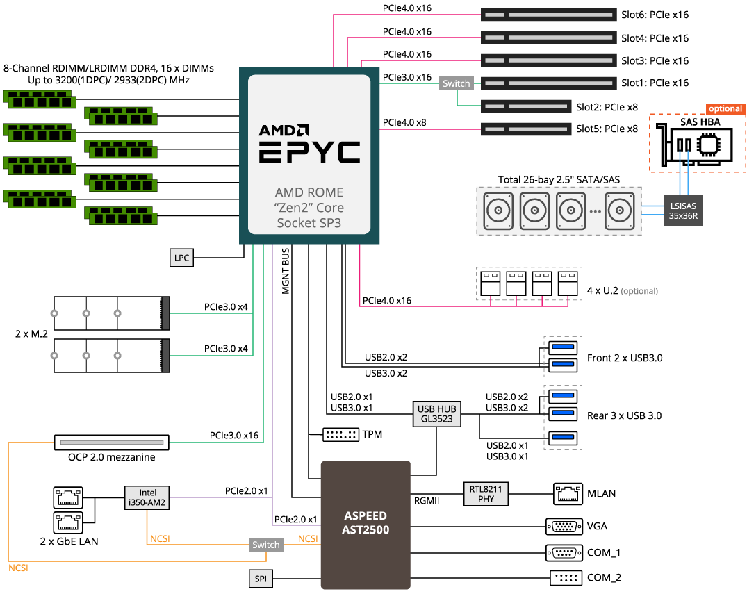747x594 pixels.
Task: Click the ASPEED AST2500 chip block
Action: (366, 525)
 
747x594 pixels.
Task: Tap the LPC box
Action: (181, 257)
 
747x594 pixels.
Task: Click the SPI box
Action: (260, 578)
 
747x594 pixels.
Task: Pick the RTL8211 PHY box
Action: (486, 494)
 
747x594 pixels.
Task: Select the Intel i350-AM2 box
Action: (147, 497)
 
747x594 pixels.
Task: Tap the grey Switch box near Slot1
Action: (456, 83)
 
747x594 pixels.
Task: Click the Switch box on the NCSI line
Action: (265, 545)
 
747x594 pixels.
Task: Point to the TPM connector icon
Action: (341, 435)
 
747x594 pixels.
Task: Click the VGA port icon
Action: (564, 527)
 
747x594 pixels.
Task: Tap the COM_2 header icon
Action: (564, 577)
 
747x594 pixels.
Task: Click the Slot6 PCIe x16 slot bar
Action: (548, 15)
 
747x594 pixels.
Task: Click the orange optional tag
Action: (725, 109)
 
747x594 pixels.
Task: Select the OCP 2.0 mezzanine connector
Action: (112, 441)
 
